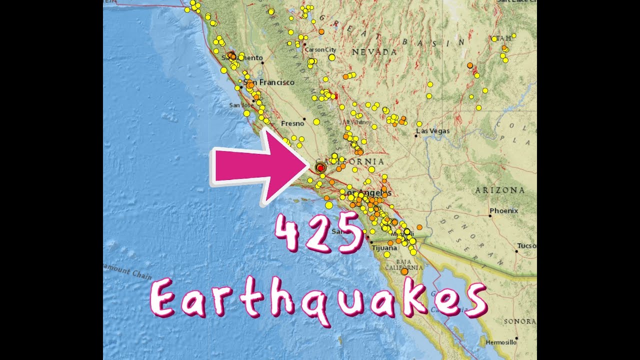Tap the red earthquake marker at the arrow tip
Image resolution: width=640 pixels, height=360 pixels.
point(320,168)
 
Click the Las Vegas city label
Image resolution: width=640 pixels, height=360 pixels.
point(434,131)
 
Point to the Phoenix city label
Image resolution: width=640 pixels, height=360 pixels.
point(503,211)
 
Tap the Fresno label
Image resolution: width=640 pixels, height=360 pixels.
point(292,123)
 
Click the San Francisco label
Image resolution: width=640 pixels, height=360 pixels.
point(270,82)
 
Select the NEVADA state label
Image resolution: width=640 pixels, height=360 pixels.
point(374,52)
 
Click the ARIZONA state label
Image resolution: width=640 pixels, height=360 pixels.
point(500,190)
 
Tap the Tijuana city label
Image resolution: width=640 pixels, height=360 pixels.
point(384,247)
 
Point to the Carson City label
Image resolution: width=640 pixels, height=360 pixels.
point(320,50)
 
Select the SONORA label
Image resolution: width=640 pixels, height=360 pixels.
point(519,321)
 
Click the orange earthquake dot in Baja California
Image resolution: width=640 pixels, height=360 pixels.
point(404,271)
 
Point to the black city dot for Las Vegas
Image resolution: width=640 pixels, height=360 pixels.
point(416,135)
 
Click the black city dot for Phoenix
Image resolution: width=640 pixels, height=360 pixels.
point(490,215)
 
